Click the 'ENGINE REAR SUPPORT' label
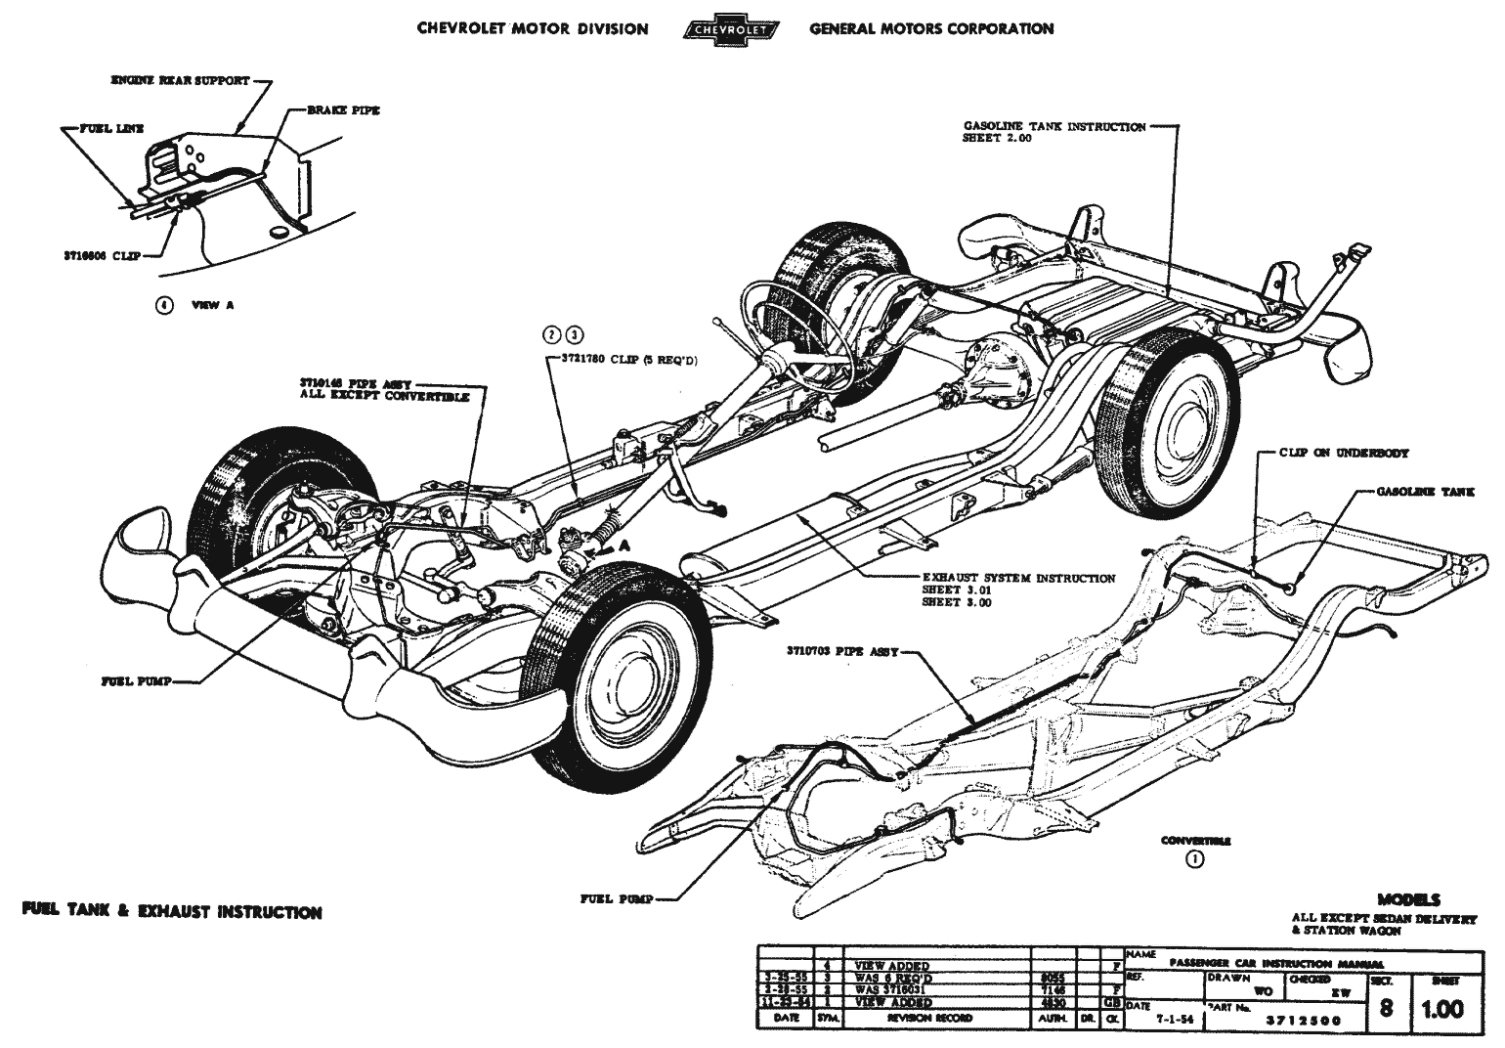click(181, 81)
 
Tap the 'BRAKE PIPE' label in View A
click(343, 110)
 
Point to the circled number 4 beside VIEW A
click(164, 304)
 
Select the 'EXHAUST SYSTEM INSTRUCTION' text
click(1018, 578)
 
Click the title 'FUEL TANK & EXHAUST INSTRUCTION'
click(172, 912)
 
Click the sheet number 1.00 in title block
click(1441, 1009)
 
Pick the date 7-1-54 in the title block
click(1171, 1018)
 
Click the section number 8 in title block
click(1386, 1008)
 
